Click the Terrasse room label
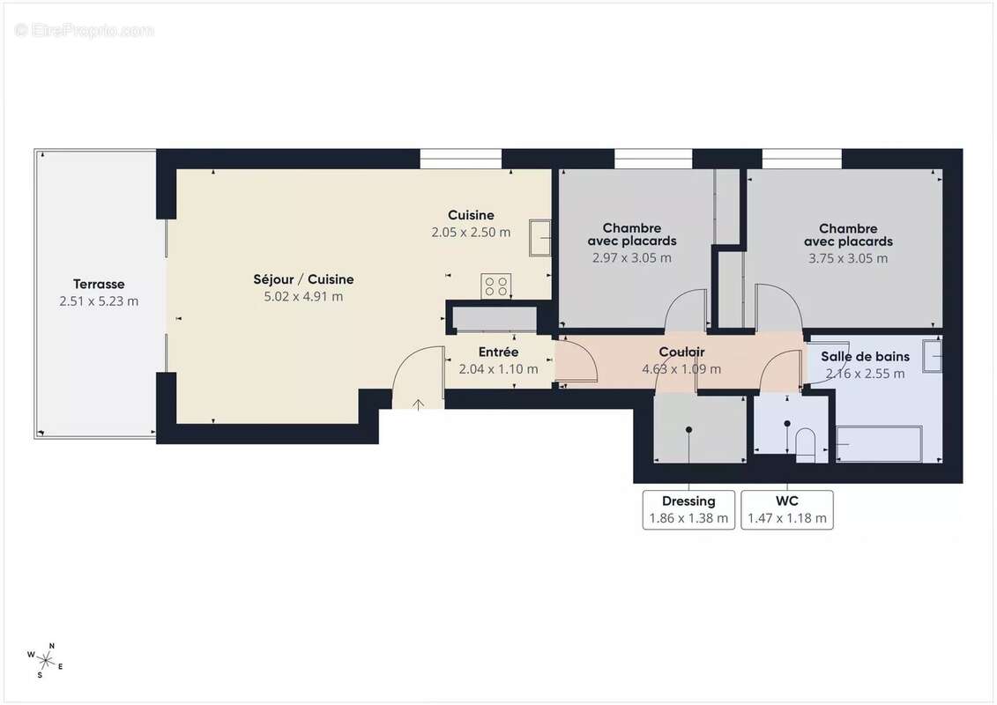pyautogui.click(x=99, y=285)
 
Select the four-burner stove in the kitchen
pyautogui.click(x=495, y=286)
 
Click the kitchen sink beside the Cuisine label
pyautogui.click(x=539, y=238)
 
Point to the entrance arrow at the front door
pyautogui.click(x=418, y=404)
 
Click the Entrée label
pyautogui.click(x=498, y=352)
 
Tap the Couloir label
pyautogui.click(x=681, y=352)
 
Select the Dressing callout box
pyautogui.click(x=688, y=509)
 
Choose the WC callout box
pyautogui.click(x=787, y=509)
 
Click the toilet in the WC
pyautogui.click(x=806, y=444)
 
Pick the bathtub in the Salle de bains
pyautogui.click(x=878, y=444)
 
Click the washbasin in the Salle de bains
pyautogui.click(x=932, y=355)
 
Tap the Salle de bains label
pyautogui.click(x=865, y=357)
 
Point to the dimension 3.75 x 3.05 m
pyautogui.click(x=848, y=258)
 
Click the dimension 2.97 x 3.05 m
pyautogui.click(x=631, y=258)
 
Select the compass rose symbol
pyautogui.click(x=44, y=659)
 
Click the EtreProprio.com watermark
pyautogui.click(x=85, y=30)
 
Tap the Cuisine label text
pyautogui.click(x=471, y=215)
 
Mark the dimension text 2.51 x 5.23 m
pyautogui.click(x=99, y=301)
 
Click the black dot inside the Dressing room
pyautogui.click(x=688, y=429)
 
